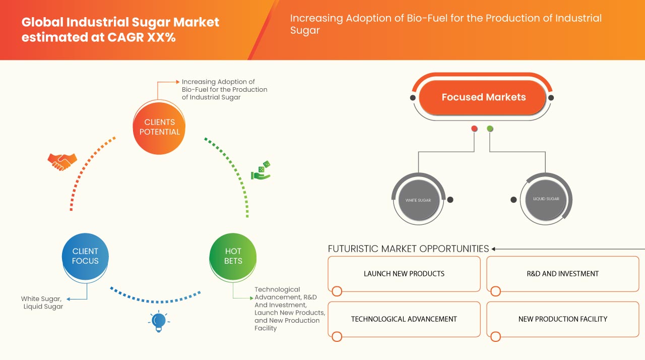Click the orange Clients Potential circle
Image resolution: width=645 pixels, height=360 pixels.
(x=159, y=128)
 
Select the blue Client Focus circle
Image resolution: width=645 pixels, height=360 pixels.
(x=85, y=256)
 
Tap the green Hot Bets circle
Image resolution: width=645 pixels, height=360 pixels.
(x=233, y=256)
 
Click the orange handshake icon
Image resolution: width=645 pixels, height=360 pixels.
(x=62, y=161)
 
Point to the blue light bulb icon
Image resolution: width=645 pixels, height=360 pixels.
(x=159, y=321)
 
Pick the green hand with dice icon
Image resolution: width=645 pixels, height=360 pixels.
(x=261, y=170)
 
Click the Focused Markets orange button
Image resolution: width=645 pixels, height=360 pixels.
(x=482, y=97)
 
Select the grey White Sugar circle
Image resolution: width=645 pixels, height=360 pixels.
(x=418, y=200)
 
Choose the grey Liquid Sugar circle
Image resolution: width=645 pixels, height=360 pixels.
(x=546, y=199)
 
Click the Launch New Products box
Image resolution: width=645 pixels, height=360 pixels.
(x=404, y=274)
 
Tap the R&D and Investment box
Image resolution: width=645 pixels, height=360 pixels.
(x=563, y=274)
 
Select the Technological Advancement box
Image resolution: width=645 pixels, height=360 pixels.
(x=404, y=319)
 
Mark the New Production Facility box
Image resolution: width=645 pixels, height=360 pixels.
(x=563, y=319)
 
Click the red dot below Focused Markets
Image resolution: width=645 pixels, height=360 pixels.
(x=474, y=129)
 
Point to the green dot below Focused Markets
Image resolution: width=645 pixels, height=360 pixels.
(x=490, y=129)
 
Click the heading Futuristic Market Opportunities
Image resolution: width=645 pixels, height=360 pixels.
(x=408, y=249)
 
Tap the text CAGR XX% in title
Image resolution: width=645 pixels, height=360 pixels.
(x=142, y=37)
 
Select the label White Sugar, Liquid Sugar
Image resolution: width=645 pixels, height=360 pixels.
(x=42, y=303)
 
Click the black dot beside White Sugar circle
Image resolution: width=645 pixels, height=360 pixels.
(x=450, y=200)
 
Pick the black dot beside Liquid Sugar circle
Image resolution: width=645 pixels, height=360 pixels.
(x=513, y=200)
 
